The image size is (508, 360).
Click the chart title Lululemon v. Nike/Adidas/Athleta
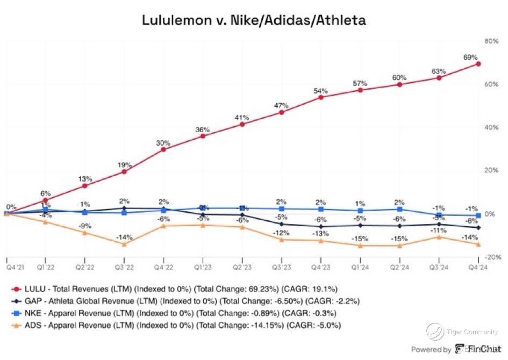click(254, 20)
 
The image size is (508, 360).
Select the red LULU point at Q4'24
click(478, 64)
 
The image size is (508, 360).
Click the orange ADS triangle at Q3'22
click(124, 244)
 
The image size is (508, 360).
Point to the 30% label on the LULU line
click(163, 143)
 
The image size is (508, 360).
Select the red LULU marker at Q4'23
click(321, 97)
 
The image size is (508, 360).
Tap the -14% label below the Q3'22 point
click(124, 237)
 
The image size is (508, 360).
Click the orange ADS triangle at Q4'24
click(478, 244)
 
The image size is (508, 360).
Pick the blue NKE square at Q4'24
click(478, 215)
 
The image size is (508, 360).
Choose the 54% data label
click(321, 91)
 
